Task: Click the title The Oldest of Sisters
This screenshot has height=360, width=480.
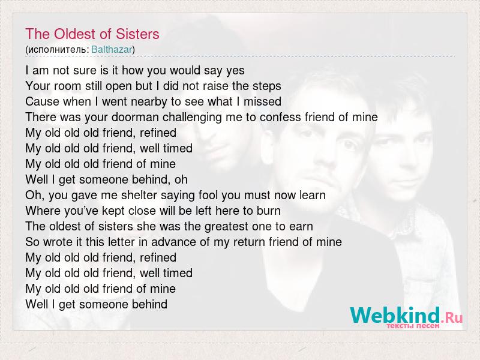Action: pos(92,34)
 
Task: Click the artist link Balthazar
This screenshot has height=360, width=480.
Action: pos(112,49)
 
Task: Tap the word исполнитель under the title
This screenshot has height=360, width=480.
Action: pos(58,50)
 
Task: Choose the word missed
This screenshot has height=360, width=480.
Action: pos(262,101)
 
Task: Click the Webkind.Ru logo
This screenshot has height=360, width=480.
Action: pos(406,315)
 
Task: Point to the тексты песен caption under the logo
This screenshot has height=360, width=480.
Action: pos(413,326)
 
